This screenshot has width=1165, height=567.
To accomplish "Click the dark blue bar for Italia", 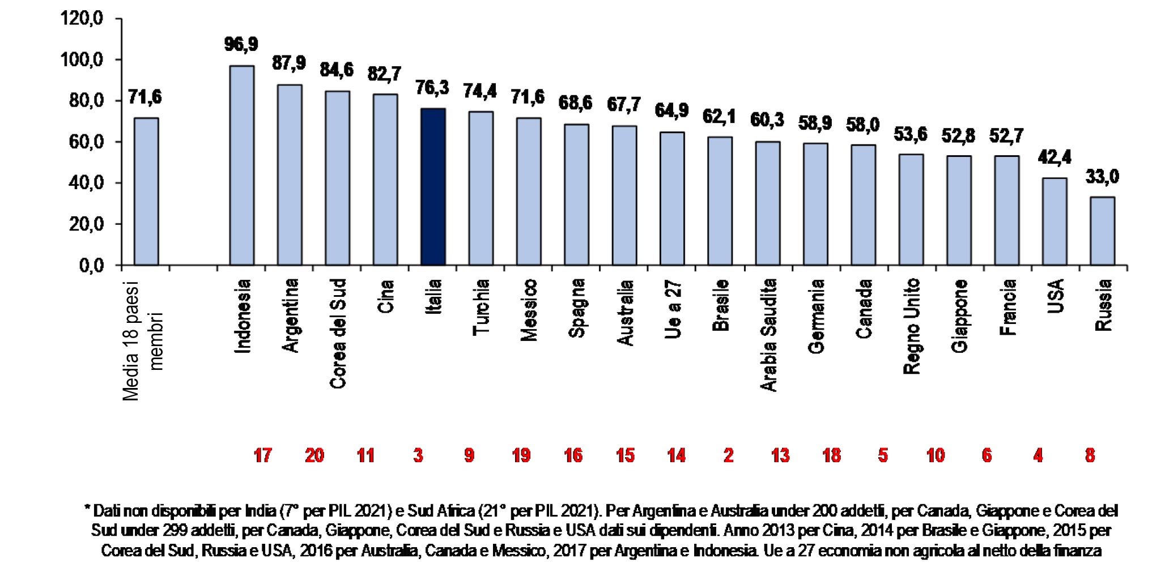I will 433,187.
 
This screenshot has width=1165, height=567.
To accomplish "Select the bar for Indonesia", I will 241,165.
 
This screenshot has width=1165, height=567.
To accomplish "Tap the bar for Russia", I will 1102,231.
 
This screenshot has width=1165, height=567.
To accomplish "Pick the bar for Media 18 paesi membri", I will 146,191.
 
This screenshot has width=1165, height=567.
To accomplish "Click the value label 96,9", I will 241,44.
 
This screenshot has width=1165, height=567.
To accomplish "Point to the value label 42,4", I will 1055,157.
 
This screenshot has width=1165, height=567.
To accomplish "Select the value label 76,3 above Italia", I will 432,88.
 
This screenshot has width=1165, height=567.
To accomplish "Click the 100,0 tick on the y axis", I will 82,59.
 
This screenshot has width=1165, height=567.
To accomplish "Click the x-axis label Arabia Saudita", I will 768,335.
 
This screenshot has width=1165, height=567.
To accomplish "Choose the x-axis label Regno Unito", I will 911,326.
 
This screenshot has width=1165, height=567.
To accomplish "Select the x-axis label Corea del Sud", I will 338,334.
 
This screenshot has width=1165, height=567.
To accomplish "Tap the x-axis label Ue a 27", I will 673,309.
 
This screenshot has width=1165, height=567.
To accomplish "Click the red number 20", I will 314,455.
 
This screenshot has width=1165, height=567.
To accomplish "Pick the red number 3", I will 418,455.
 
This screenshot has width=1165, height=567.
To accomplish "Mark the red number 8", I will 1090,455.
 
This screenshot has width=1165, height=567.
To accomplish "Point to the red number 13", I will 780,455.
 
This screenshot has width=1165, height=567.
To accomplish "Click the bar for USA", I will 1055,221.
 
